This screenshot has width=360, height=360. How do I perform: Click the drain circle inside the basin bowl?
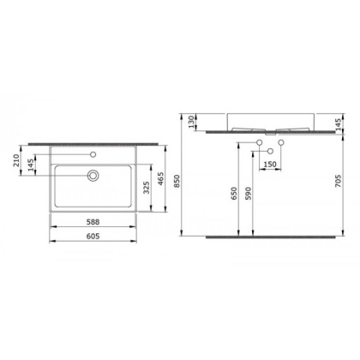92,175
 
